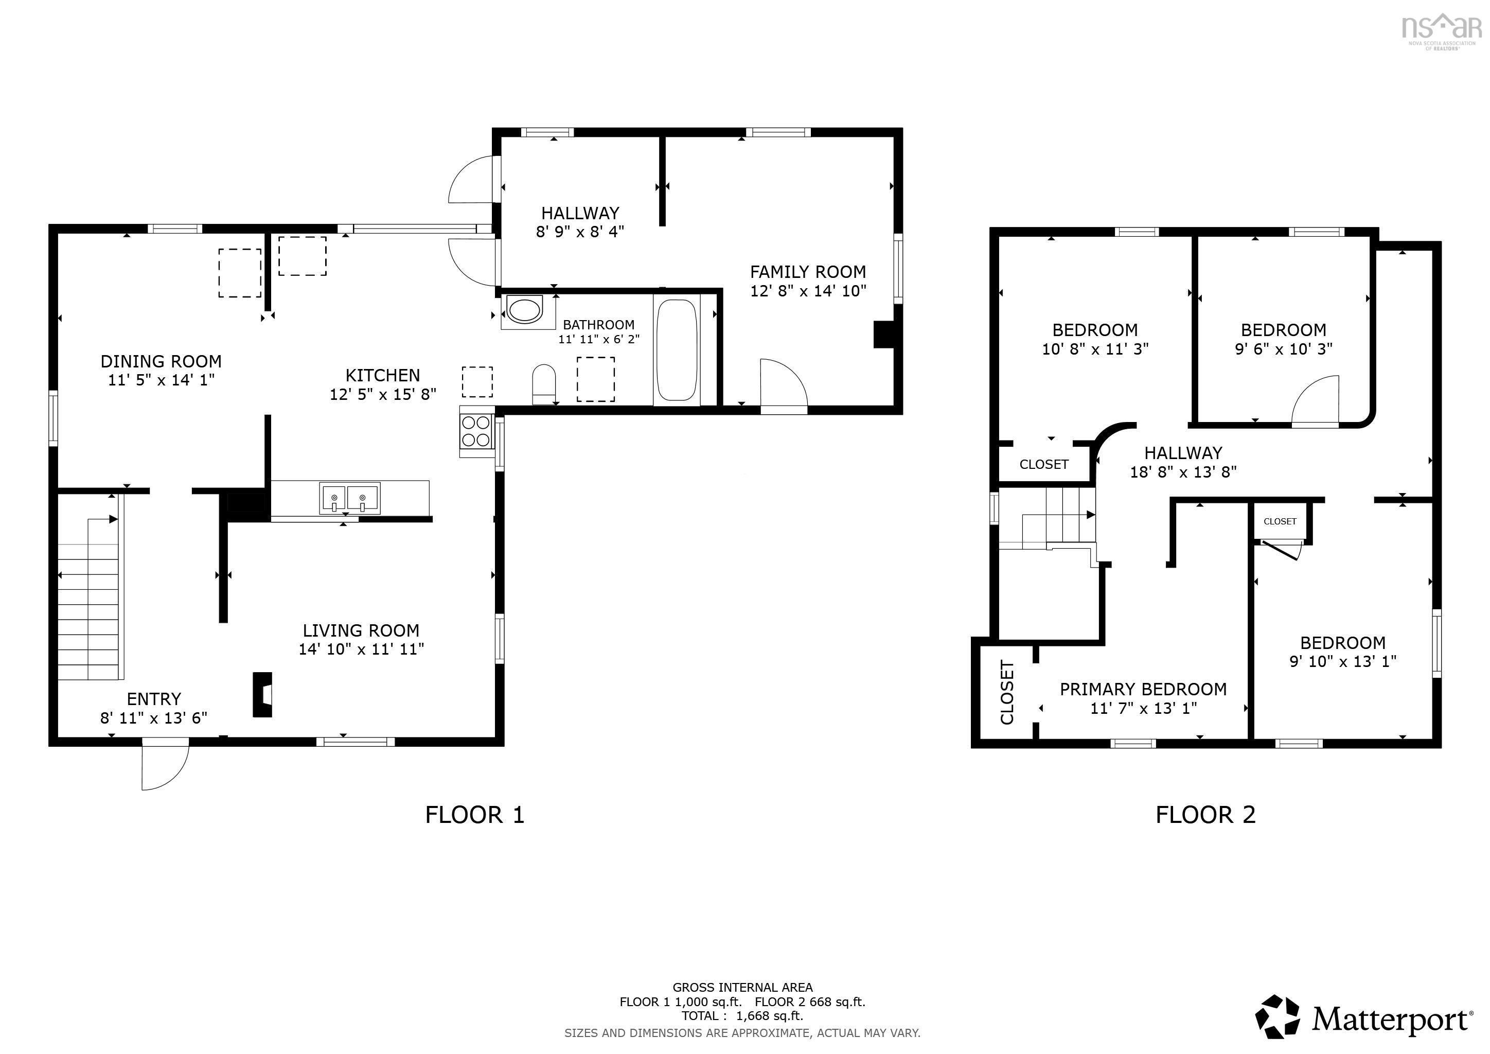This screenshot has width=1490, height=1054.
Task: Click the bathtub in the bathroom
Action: pyautogui.click(x=677, y=350)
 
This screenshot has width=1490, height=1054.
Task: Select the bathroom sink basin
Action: pyautogui.click(x=524, y=310)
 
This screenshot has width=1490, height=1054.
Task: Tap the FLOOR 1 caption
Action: pyautogui.click(x=474, y=815)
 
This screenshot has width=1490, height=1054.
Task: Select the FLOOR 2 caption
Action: pyautogui.click(x=1205, y=815)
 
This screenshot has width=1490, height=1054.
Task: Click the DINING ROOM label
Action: pyautogui.click(x=161, y=361)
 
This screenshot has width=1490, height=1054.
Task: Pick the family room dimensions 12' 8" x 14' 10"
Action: pyautogui.click(x=808, y=291)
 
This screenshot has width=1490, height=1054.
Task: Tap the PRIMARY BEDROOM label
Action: pyautogui.click(x=1143, y=689)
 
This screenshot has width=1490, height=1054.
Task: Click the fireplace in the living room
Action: pyautogui.click(x=262, y=694)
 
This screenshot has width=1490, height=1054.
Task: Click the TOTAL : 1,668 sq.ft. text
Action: pyautogui.click(x=742, y=1016)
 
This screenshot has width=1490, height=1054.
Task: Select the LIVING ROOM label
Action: pyautogui.click(x=361, y=630)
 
